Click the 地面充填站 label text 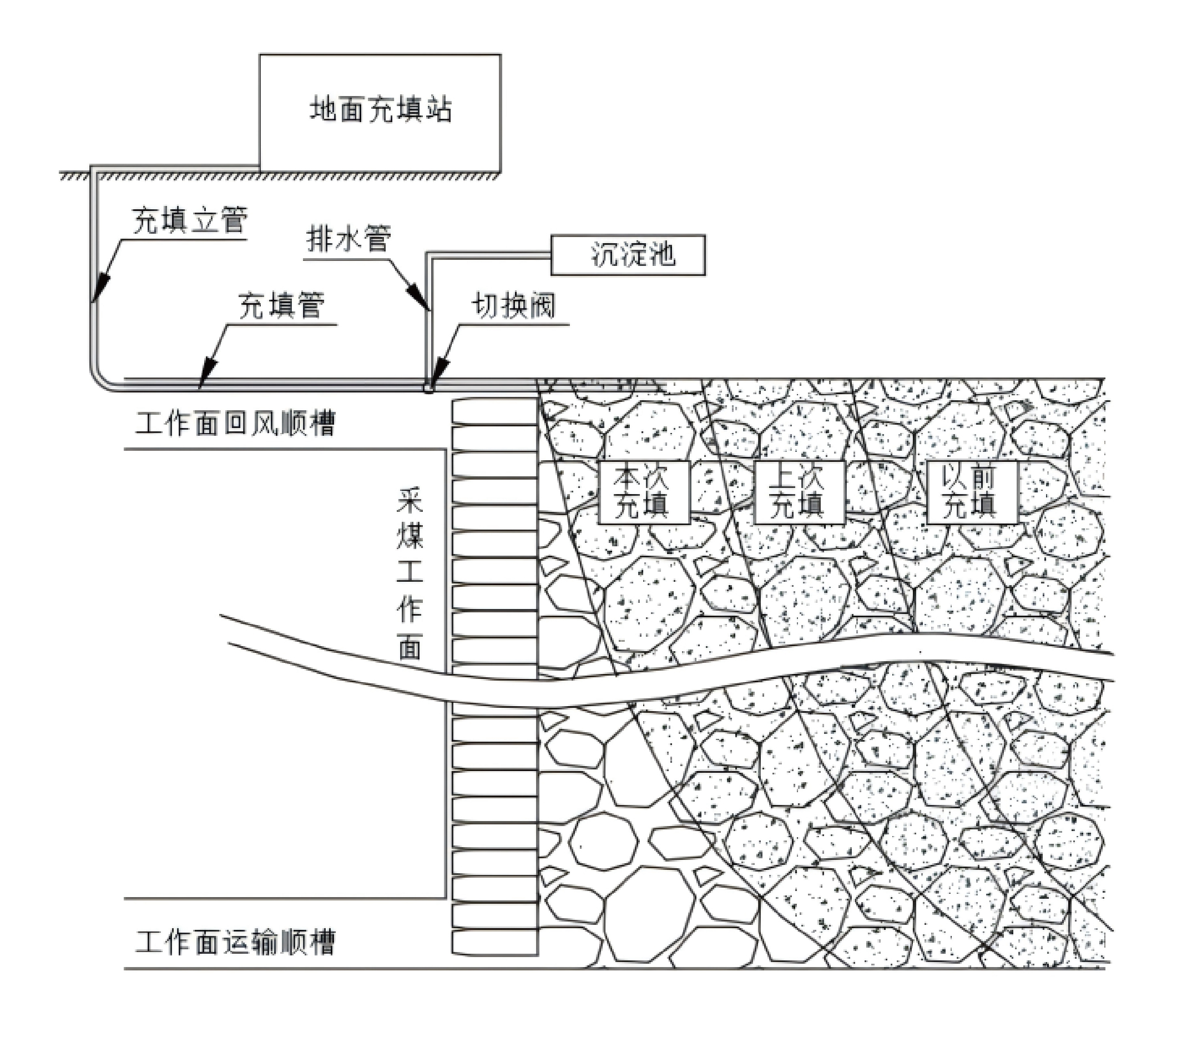coord(380,110)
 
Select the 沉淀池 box coord(628,255)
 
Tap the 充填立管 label coord(190,222)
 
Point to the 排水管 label coord(348,239)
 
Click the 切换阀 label coord(513,305)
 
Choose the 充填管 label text coord(281,305)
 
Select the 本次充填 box coord(643,492)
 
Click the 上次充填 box coord(799,492)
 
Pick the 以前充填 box coord(971,492)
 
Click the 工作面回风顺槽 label coord(235,424)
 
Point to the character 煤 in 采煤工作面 coord(410,536)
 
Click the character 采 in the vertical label coord(410,501)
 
